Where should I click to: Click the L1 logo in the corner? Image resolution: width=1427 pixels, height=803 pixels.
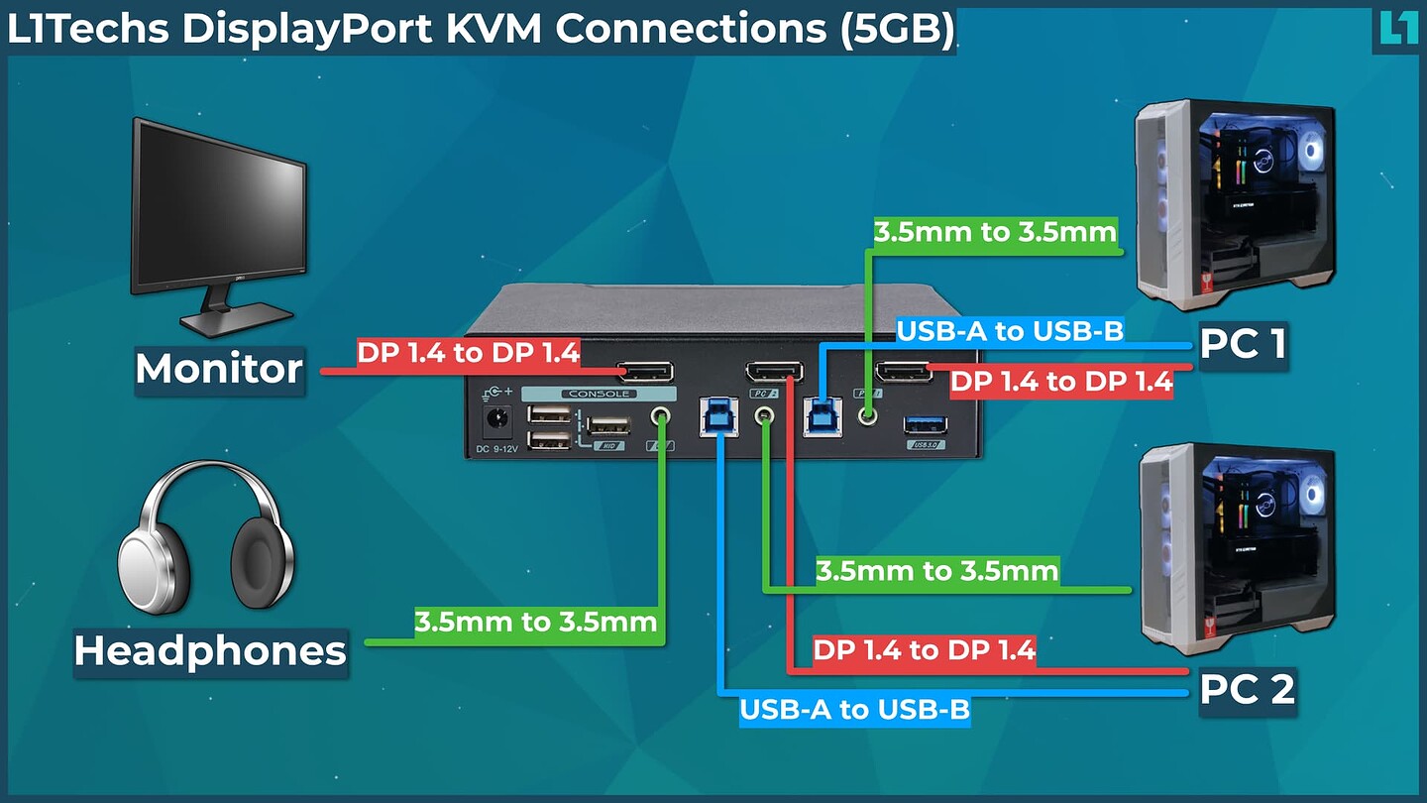pyautogui.click(x=1397, y=27)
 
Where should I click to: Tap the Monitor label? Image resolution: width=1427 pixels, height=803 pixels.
pyautogui.click(x=219, y=369)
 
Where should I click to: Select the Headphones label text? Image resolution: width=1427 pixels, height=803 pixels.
pyautogui.click(x=210, y=651)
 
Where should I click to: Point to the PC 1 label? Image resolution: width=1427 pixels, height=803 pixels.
pyautogui.click(x=1243, y=344)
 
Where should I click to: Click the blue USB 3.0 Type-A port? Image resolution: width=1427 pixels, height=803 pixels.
pyautogui.click(x=925, y=425)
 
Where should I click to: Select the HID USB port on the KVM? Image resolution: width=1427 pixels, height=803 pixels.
pyautogui.click(x=607, y=426)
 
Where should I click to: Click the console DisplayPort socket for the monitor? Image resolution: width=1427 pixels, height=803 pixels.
pyautogui.click(x=645, y=373)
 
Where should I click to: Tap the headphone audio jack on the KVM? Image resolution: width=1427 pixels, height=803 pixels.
pyautogui.click(x=661, y=418)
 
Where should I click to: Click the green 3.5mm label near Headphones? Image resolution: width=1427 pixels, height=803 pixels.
pyautogui.click(x=536, y=623)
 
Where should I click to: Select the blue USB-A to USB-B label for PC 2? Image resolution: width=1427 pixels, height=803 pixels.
pyautogui.click(x=855, y=710)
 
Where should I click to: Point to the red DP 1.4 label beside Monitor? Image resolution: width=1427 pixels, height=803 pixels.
pyautogui.click(x=468, y=353)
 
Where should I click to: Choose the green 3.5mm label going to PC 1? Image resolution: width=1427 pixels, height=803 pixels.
pyautogui.click(x=995, y=233)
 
